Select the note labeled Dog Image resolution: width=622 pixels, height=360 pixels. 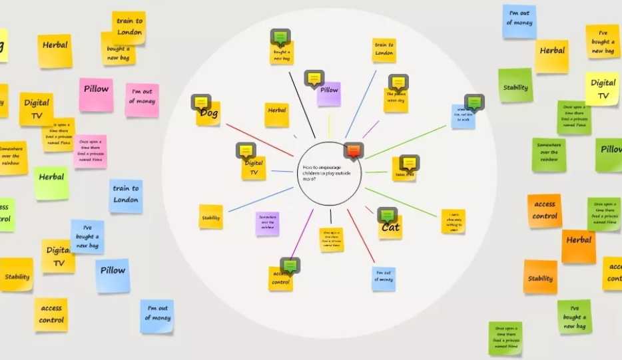pyautogui.click(x=208, y=114)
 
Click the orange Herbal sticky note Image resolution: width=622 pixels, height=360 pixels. pyautogui.click(x=578, y=246)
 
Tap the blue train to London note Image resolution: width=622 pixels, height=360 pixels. pyautogui.click(x=126, y=196)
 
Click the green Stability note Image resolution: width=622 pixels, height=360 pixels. pyautogui.click(x=515, y=86)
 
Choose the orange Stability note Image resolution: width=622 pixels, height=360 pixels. pyautogui.click(x=540, y=277)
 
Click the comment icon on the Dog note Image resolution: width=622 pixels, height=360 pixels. pyautogui.click(x=200, y=102)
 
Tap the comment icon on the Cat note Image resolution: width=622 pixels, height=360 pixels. pyautogui.click(x=387, y=215)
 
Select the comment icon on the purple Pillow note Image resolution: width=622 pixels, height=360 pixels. pyautogui.click(x=314, y=78)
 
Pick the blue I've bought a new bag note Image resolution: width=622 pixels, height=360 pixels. pyautogui.click(x=87, y=237)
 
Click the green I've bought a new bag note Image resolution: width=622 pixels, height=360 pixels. pyautogui.click(x=574, y=317)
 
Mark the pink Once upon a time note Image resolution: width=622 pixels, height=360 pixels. pyautogui.click(x=91, y=151)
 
